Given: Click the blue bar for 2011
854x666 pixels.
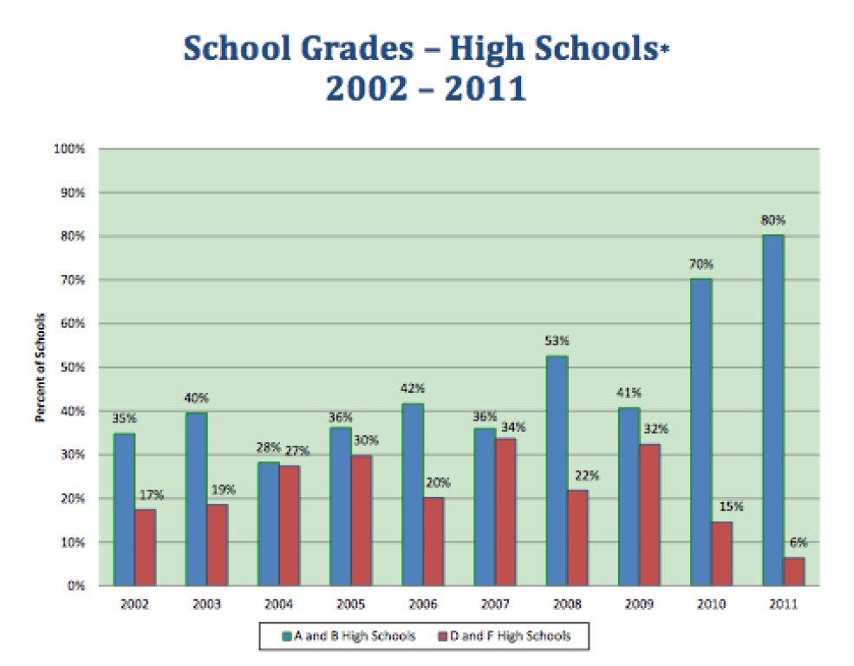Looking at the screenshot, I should [773, 410].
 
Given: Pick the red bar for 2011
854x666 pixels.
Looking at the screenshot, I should [794, 571].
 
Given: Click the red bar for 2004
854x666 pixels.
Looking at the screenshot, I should [290, 526].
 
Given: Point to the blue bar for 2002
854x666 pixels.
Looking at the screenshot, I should [125, 509].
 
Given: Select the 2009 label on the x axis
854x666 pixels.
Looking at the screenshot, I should [639, 603].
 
